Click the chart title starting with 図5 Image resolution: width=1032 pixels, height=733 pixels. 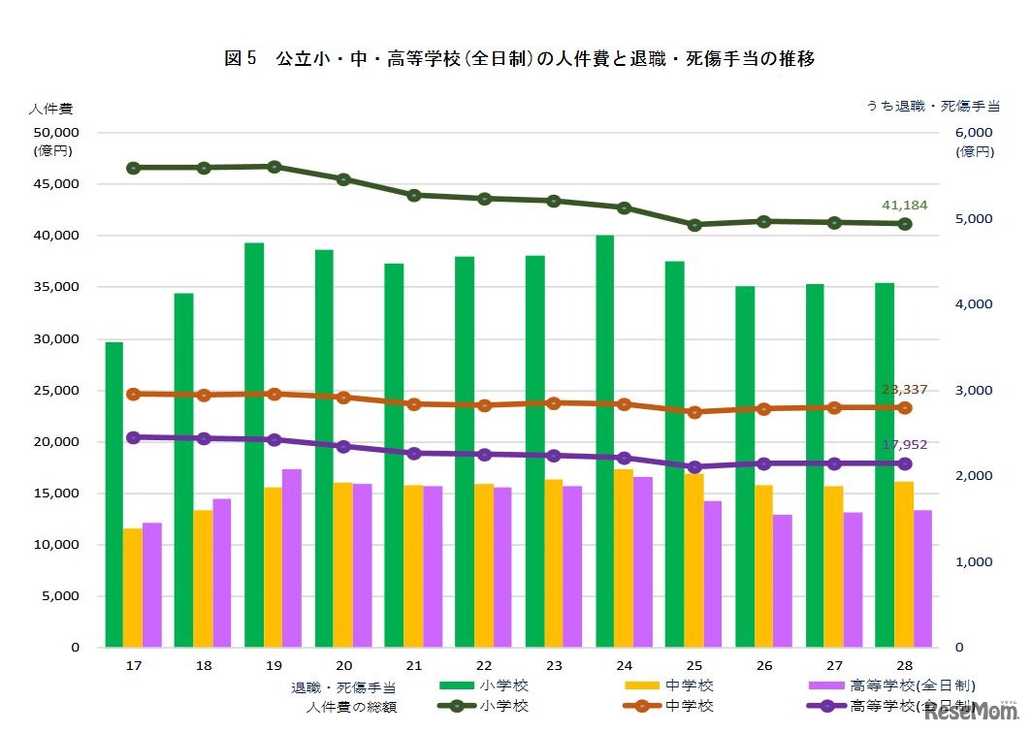click(x=519, y=59)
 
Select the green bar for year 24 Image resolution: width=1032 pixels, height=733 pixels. click(x=605, y=441)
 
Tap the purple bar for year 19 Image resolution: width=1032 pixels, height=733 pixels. click(x=292, y=558)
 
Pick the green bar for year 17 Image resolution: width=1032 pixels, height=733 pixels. click(x=114, y=494)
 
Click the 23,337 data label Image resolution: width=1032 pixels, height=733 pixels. click(x=904, y=389)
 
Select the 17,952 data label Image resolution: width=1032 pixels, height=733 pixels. click(x=904, y=445)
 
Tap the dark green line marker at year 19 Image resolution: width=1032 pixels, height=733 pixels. click(x=274, y=167)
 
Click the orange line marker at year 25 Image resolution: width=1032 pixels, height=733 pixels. click(x=694, y=412)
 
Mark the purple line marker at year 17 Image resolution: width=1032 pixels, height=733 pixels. click(x=134, y=438)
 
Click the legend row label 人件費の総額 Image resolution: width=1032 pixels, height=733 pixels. click(x=351, y=707)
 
